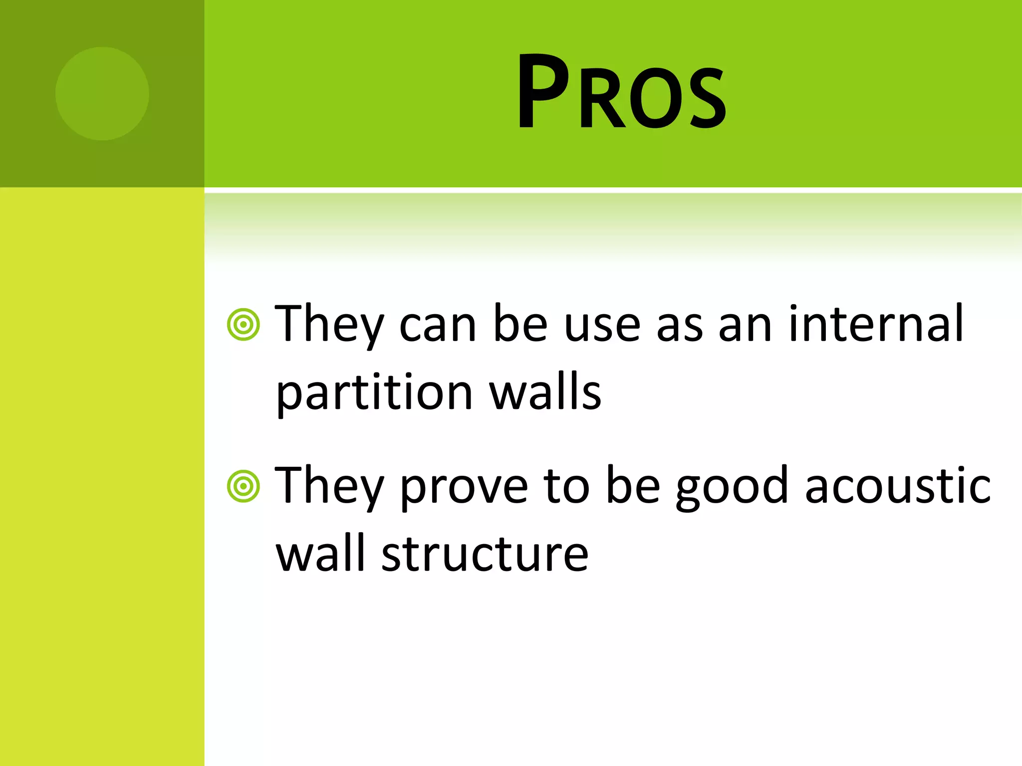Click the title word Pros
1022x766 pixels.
click(621, 92)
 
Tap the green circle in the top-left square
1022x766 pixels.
click(102, 93)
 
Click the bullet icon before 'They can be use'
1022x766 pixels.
click(244, 325)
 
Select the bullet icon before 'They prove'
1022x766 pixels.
click(244, 486)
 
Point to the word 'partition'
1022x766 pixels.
click(374, 392)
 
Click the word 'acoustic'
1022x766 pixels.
click(897, 485)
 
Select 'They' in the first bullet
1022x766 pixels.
click(329, 324)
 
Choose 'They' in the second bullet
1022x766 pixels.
click(329, 486)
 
